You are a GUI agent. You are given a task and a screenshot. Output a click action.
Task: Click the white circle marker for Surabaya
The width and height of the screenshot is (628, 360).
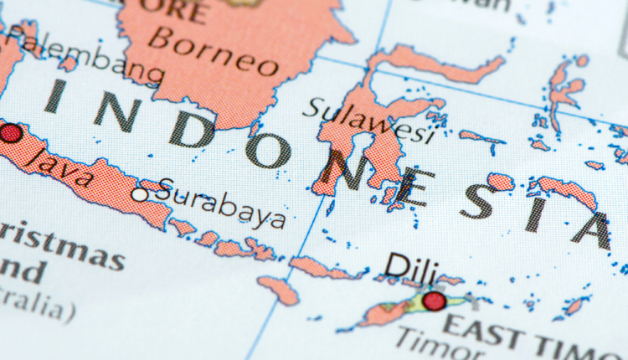[x=139, y=194]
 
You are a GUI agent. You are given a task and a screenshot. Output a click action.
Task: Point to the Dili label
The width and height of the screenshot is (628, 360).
[x=411, y=266]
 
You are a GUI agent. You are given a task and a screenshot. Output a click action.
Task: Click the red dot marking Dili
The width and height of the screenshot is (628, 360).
[x=434, y=301]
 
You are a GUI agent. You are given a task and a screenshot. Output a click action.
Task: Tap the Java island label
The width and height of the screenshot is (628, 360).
[x=59, y=163]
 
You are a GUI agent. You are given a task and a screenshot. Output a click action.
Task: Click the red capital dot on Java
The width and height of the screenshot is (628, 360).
[x=10, y=133]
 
